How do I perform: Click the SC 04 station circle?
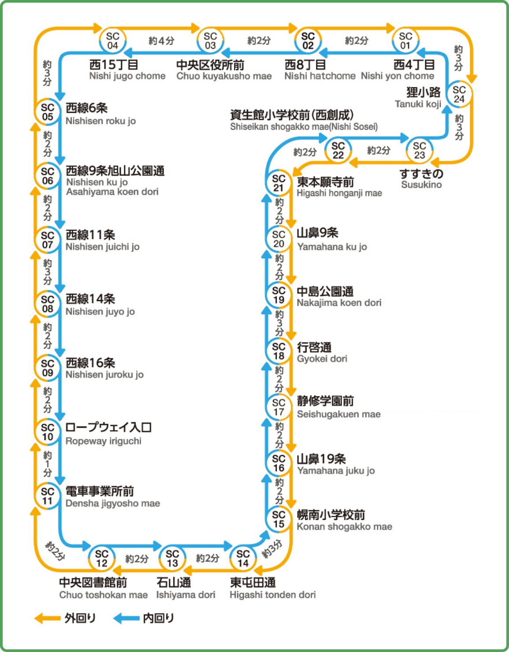pos(112,41)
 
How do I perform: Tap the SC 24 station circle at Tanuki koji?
pos(459,94)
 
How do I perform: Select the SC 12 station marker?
pos(102,558)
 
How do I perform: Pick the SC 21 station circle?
pos(279,183)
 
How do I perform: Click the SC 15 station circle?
pos(279,519)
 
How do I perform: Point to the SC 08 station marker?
pos(48,304)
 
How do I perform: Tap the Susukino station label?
pos(421,185)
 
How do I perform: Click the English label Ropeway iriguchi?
pos(104,441)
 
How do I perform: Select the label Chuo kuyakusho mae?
pos(224,76)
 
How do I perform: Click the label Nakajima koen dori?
pos(339,303)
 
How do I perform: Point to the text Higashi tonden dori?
pos(272,595)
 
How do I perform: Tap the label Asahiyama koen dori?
pos(112,192)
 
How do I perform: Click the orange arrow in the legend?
pos(48,618)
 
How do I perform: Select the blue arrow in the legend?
pos(126,618)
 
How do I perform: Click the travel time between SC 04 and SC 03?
pos(161,41)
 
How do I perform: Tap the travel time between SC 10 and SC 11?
pos(48,464)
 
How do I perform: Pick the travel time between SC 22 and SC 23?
pos(379,151)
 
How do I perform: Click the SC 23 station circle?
pos(420,150)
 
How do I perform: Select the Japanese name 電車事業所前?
pos(100,491)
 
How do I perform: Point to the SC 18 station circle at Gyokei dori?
pos(279,351)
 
